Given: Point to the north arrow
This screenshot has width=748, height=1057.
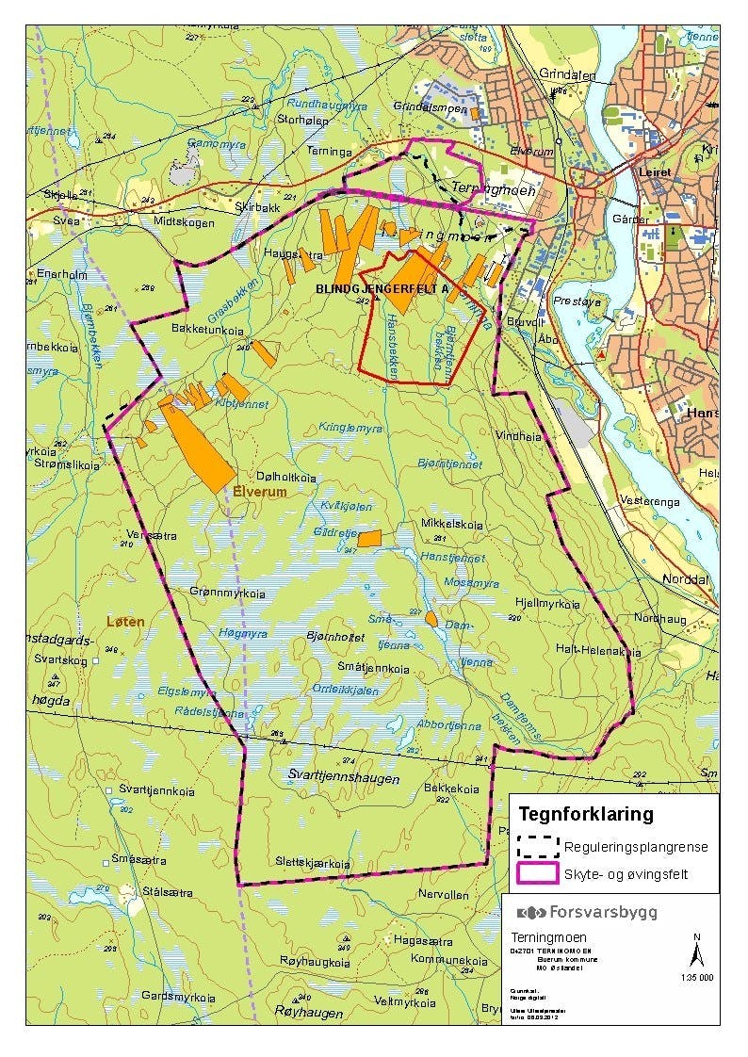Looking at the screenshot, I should tap(696, 951).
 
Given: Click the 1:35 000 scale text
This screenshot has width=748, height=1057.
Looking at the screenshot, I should tap(696, 978).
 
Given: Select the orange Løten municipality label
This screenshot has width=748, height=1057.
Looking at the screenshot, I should tap(125, 623).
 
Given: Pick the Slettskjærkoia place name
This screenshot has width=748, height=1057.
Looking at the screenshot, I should tap(313, 863).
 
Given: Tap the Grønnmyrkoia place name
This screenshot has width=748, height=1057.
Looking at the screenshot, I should tap(228, 594).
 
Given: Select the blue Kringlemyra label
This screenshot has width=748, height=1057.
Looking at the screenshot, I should tap(350, 428).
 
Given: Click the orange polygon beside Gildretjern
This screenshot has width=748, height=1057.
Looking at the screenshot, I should tap(368, 538).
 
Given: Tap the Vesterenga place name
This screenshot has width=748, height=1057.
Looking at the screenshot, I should tap(650, 501).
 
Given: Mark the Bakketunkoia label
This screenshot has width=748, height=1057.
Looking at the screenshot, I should tap(207, 329).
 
